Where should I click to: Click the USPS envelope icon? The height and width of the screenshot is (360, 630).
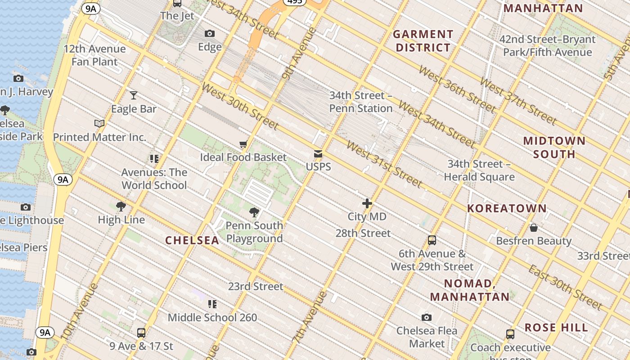click(318, 154)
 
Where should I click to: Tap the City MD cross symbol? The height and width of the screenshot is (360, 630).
click(367, 203)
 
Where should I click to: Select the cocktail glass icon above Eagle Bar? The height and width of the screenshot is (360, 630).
click(134, 95)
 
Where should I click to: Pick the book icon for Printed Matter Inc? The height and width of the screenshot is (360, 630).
click(99, 123)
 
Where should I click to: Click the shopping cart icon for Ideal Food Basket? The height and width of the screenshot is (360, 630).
click(243, 144)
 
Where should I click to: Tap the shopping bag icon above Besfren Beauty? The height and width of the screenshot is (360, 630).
click(534, 228)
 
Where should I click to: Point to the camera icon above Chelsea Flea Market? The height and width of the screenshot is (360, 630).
click(427, 317)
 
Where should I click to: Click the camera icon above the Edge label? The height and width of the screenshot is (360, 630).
click(210, 33)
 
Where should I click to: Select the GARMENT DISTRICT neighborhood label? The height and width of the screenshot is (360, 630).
click(423, 41)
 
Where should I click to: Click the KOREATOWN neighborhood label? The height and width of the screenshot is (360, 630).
click(507, 208)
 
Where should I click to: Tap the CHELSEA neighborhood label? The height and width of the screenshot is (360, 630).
click(192, 240)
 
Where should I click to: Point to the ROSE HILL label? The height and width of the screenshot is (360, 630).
click(556, 327)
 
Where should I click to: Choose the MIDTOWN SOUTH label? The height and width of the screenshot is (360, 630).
click(554, 147)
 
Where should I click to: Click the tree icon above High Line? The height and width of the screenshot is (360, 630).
click(121, 207)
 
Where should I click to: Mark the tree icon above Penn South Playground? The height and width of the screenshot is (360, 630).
click(254, 212)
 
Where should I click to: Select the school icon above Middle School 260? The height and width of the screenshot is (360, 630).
click(212, 304)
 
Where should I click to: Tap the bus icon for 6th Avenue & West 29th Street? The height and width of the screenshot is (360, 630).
click(432, 240)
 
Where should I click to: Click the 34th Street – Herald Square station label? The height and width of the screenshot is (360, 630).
click(479, 171)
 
